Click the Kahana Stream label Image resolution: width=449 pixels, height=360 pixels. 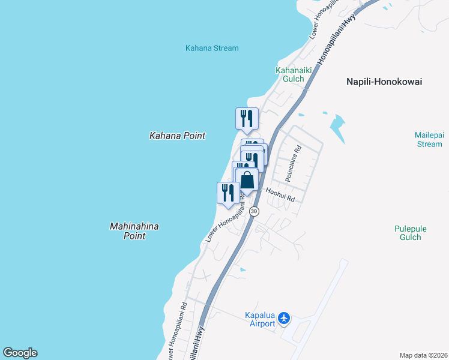tap(212, 48)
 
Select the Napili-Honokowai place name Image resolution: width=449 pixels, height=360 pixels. tap(384, 82)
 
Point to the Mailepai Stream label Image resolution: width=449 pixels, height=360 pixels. tap(429, 139)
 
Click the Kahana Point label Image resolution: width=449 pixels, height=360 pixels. tap(177, 136)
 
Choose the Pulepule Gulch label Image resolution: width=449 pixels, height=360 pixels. tap(408, 232)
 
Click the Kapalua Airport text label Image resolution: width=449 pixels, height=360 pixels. tap(260, 320)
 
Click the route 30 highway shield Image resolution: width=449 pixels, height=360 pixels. tap(255, 211)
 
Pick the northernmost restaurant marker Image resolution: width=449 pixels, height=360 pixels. tap(246, 118)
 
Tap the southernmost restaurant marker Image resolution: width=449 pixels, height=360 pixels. tap(228, 193)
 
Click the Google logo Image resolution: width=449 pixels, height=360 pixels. tap(20, 353)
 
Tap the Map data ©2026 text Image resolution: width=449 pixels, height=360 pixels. tap(424, 355)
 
